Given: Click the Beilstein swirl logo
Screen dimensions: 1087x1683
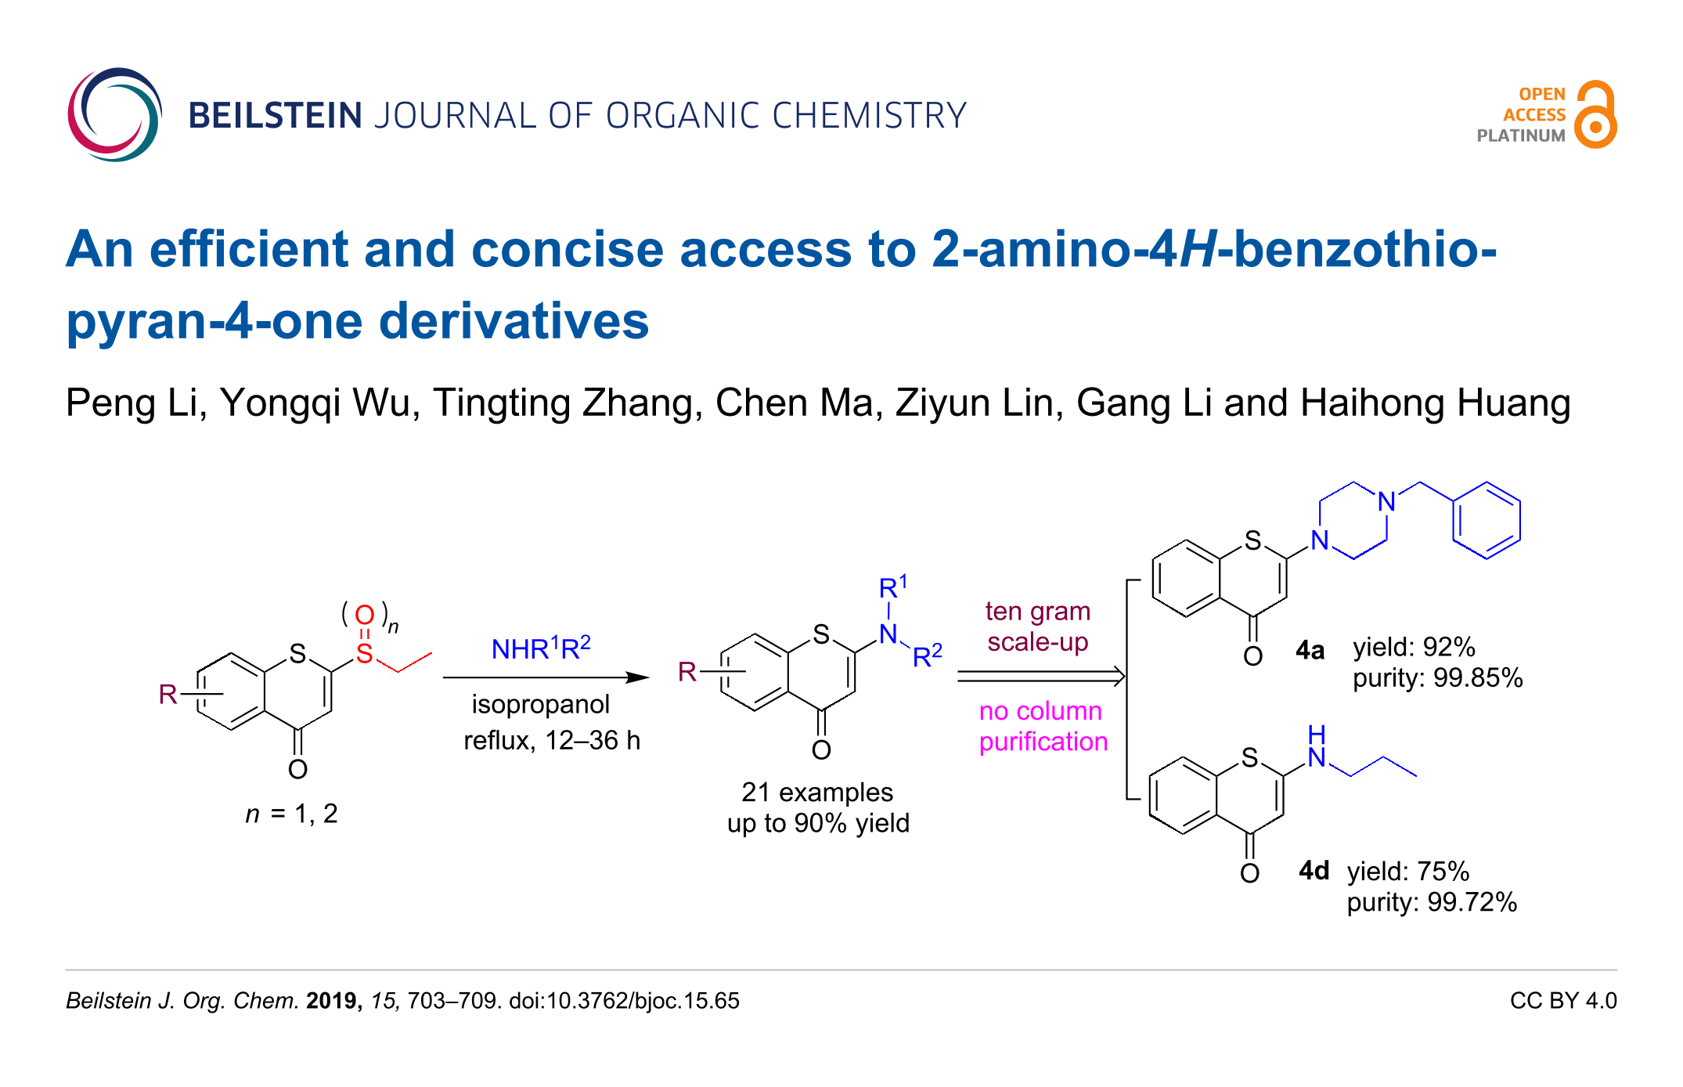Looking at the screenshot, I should click(114, 115).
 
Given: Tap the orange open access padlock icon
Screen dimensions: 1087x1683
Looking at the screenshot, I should click(1595, 115).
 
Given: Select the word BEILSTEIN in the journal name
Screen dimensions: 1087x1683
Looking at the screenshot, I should click(275, 116).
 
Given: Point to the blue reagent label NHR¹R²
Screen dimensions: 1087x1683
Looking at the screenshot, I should click(540, 648).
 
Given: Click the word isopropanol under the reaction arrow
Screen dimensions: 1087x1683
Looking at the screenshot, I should click(540, 704).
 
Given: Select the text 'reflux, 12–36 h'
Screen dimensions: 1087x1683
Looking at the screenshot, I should click(552, 740).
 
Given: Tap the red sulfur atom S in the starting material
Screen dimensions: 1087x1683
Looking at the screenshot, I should click(365, 653).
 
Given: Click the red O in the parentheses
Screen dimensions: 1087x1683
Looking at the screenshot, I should click(365, 616).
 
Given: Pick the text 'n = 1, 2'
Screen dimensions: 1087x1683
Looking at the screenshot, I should click(291, 814).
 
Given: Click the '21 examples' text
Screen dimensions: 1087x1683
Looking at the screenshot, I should click(817, 793).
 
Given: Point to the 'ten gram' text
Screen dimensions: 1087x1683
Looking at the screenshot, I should click(1037, 611).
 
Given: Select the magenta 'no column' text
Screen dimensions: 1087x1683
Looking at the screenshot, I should click(1040, 711).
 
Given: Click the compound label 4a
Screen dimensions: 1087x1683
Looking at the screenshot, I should click(1310, 650).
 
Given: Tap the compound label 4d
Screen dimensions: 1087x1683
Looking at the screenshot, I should click(1314, 871).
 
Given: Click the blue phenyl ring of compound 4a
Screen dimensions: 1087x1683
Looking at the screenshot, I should click(1486, 520).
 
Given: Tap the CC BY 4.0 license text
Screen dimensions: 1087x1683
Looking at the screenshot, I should click(1562, 1001).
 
